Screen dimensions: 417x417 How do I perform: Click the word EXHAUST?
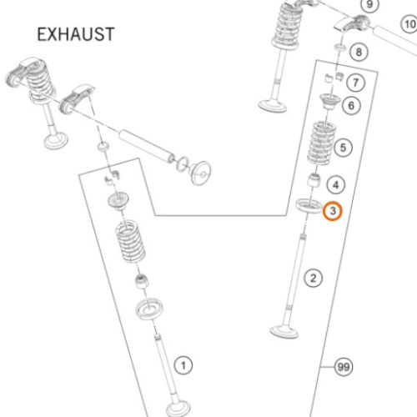(x=76, y=34)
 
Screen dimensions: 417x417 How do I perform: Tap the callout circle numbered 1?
(x=183, y=365)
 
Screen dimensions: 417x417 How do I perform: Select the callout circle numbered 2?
(x=313, y=278)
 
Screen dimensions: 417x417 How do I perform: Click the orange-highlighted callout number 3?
(x=333, y=211)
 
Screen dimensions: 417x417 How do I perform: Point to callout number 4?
(x=336, y=185)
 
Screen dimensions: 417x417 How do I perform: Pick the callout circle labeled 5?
(x=343, y=148)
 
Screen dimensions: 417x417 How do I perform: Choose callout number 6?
(x=351, y=106)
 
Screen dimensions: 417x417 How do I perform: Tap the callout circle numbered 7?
(x=355, y=83)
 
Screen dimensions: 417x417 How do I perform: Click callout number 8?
(x=359, y=52)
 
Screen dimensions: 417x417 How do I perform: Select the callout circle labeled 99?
(x=344, y=367)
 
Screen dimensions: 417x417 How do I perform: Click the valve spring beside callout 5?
(x=320, y=143)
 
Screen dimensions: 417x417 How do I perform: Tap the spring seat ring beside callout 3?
(x=309, y=206)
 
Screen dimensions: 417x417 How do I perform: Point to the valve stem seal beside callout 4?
(x=314, y=180)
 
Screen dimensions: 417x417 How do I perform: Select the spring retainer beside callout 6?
(x=330, y=102)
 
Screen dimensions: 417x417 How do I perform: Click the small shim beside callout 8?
(x=339, y=47)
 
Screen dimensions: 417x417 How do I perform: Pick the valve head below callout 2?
(x=284, y=332)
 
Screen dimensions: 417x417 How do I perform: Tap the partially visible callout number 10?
(x=409, y=24)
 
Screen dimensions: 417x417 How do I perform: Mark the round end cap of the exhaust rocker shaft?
(x=201, y=173)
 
